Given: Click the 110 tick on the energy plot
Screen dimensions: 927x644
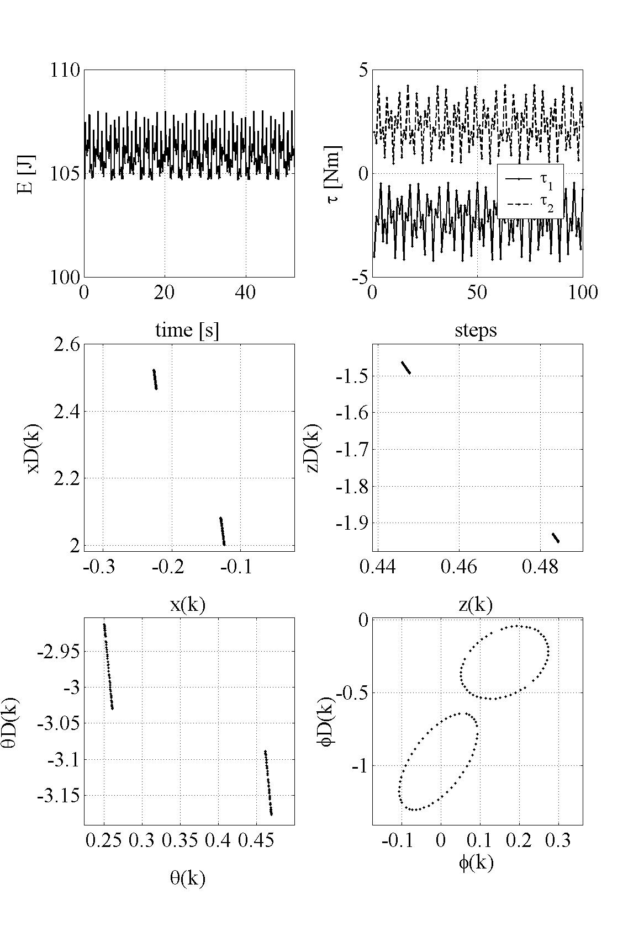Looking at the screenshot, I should pyautogui.click(x=65, y=71).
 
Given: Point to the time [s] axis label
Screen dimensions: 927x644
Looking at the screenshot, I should pyautogui.click(x=187, y=330).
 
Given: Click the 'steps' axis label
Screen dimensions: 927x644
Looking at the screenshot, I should pyautogui.click(x=476, y=330).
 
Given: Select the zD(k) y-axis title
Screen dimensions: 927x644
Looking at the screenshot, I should pyautogui.click(x=313, y=448).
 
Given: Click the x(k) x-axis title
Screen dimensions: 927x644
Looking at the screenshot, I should pyautogui.click(x=188, y=605).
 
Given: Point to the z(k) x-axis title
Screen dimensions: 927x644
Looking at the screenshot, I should pyautogui.click(x=476, y=605).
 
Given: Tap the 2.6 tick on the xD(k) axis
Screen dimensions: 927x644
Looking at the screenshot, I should pyautogui.click(x=67, y=345).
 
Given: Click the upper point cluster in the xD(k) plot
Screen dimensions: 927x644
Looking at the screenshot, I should pyautogui.click(x=155, y=379).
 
